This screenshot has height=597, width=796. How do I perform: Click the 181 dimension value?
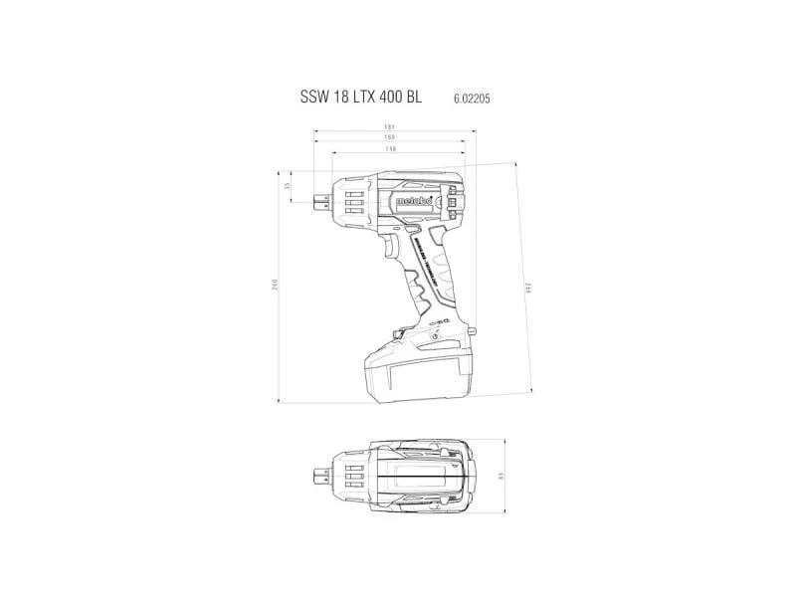(x=391, y=127)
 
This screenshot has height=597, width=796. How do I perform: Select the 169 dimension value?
(x=391, y=138)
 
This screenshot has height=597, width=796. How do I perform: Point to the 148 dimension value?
(x=391, y=149)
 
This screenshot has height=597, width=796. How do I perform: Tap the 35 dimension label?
(x=289, y=186)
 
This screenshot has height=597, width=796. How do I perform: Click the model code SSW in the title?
(x=313, y=99)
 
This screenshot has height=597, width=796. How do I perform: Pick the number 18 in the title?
(x=342, y=99)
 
